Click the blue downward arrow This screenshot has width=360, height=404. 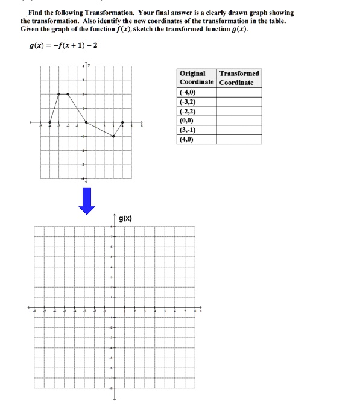pos(87,201)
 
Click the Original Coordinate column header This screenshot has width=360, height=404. pos(197,78)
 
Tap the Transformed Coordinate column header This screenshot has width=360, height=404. pos(239,78)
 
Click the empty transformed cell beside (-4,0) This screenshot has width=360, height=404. pos(239,93)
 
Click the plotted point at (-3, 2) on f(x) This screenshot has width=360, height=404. pos(58,94)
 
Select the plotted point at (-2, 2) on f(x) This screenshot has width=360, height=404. pos(68,94)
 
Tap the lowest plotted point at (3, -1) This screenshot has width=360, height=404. pos(113,137)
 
